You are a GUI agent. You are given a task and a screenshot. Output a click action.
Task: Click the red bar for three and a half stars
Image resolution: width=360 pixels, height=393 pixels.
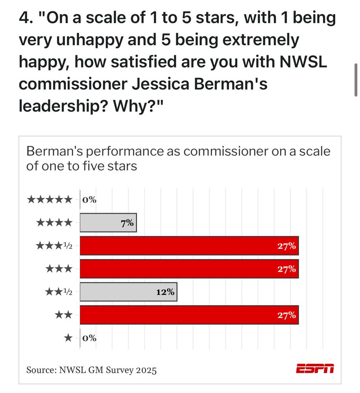(189, 246)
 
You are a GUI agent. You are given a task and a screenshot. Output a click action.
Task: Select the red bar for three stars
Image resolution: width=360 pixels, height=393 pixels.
(189, 269)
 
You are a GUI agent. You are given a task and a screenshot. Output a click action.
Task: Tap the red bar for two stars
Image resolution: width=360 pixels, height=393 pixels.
(189, 315)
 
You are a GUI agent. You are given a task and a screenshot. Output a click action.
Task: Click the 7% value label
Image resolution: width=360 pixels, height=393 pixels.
(127, 223)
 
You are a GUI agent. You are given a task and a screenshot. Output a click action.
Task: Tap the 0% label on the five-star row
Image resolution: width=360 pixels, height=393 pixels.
(89, 200)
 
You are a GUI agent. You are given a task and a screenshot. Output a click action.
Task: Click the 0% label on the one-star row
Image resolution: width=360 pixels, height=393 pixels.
(89, 338)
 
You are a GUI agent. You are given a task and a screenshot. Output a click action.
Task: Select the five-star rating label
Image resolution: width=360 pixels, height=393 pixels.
(50, 200)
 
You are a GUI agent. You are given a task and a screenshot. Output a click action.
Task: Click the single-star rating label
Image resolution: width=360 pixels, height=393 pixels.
(68, 338)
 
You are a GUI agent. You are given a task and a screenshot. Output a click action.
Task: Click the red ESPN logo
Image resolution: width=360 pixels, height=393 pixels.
(315, 369)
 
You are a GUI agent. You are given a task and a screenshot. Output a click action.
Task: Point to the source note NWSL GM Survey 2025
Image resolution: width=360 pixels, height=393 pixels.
(91, 370)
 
